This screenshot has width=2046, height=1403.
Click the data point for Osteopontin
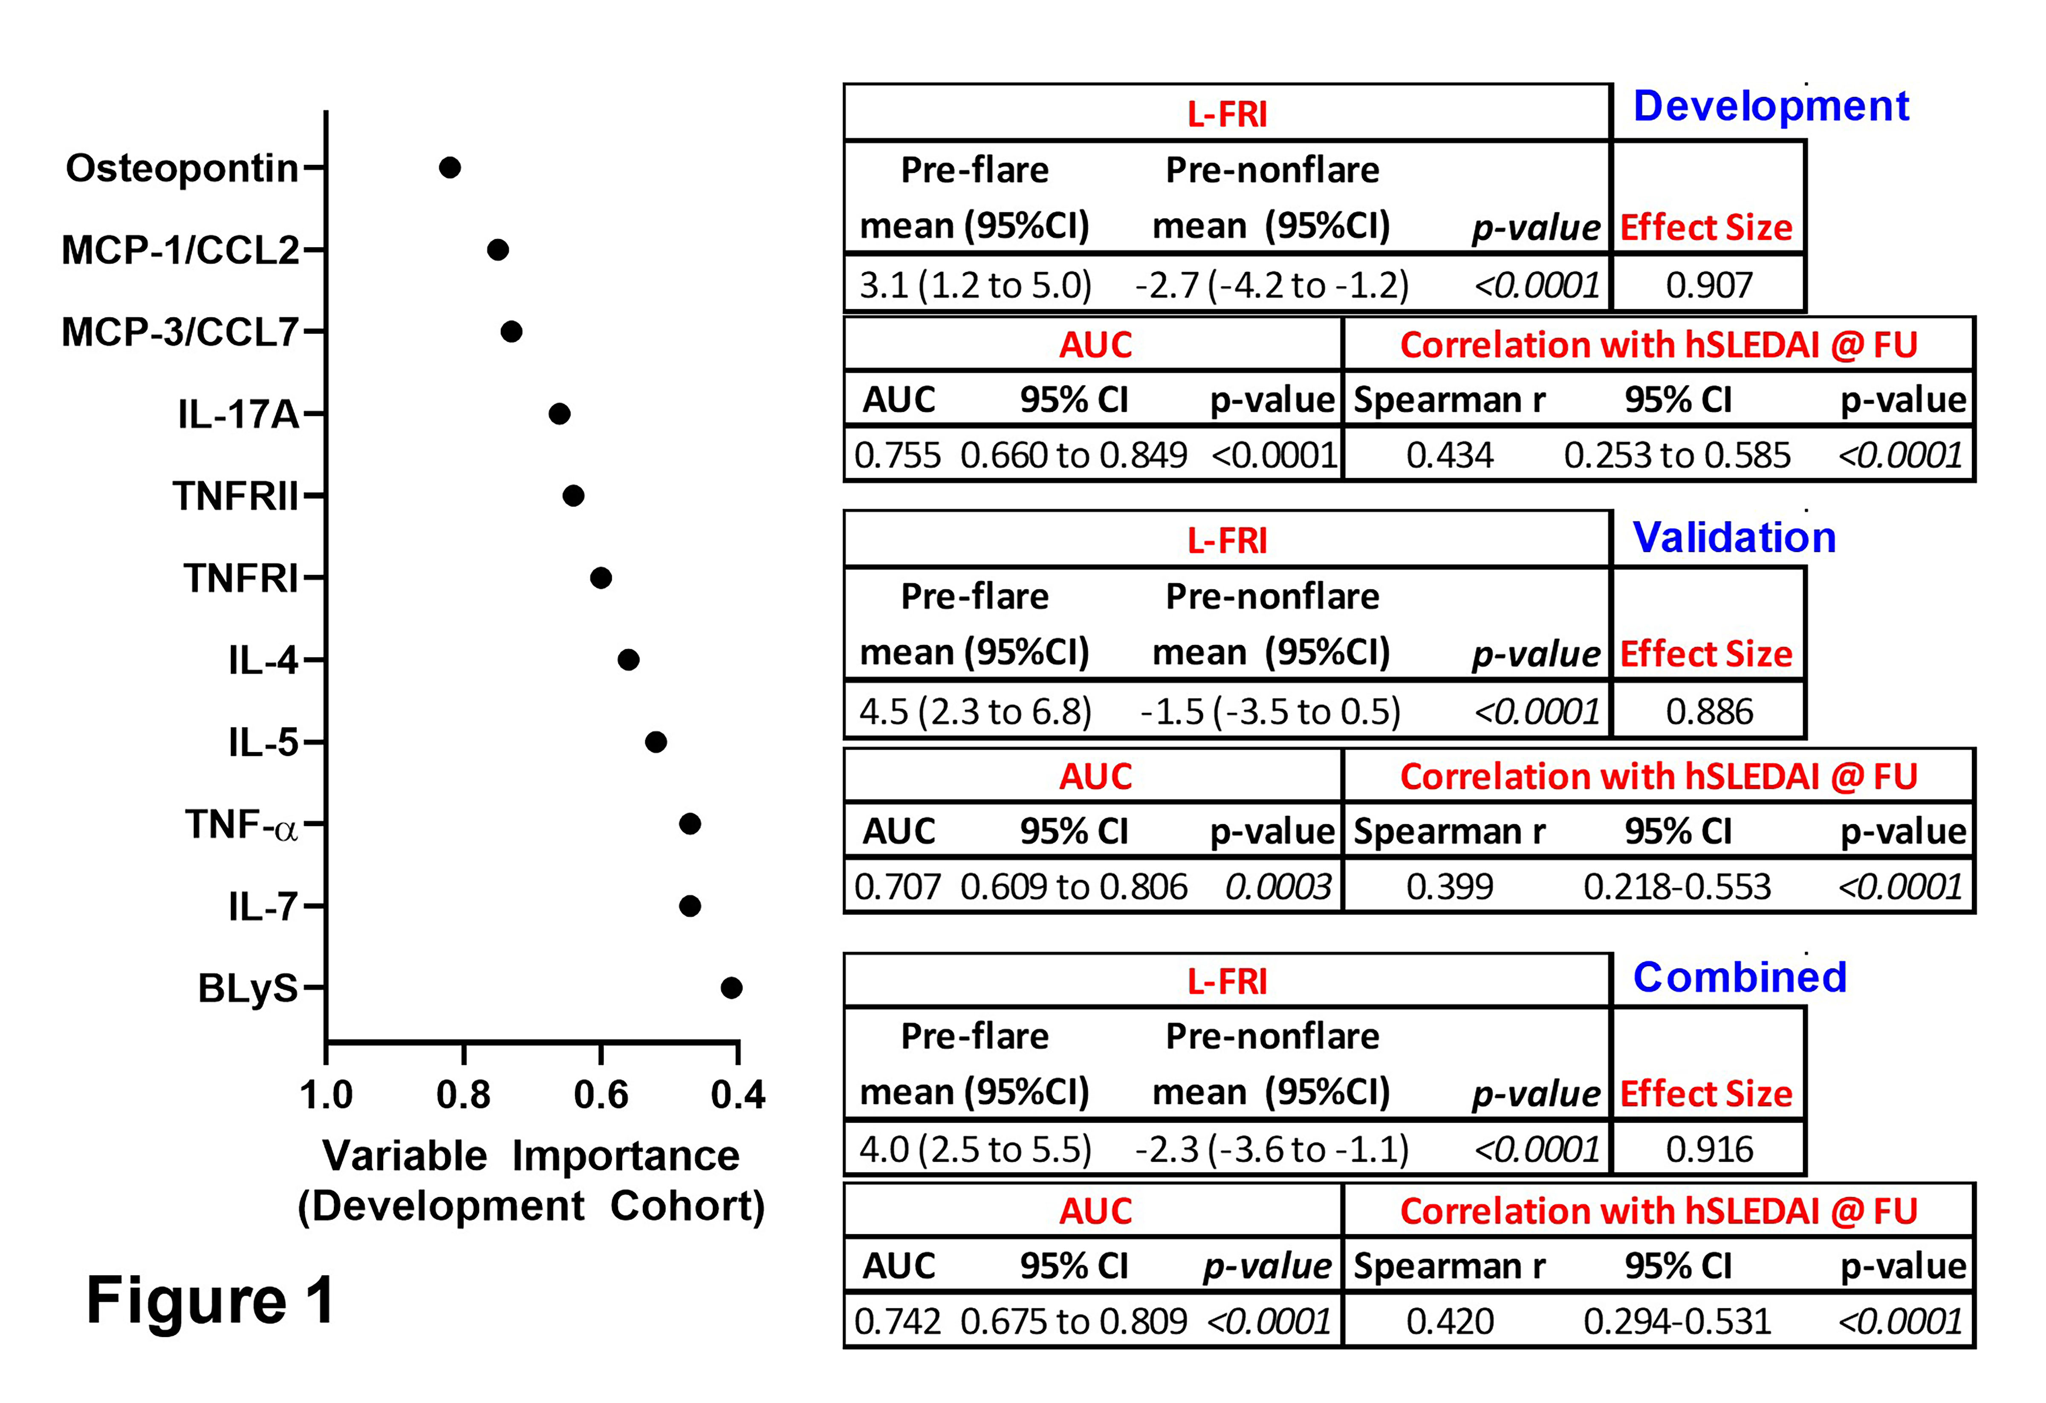coord(450,167)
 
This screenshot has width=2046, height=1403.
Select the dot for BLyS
coord(731,987)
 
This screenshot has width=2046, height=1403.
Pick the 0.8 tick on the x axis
coord(463,1094)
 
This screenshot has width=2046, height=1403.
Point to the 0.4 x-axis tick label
coord(738,1094)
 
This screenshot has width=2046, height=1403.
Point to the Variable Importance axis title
coord(531,1156)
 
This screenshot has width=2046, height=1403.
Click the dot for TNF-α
coord(690,824)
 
